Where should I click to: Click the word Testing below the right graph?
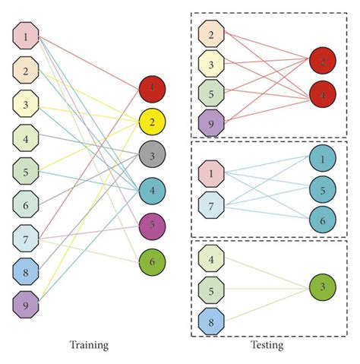[x=267, y=345]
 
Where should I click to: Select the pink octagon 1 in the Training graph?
[x=26, y=35]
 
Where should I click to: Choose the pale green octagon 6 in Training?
[x=26, y=203]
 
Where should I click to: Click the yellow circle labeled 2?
[x=152, y=122]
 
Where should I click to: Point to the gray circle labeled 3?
[x=152, y=157]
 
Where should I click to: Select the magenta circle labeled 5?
[x=152, y=226]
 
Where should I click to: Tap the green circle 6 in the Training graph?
[x=152, y=261]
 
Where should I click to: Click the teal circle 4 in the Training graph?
[x=152, y=191]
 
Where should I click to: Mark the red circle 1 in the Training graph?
[x=152, y=89]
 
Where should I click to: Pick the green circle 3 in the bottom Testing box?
[x=323, y=286]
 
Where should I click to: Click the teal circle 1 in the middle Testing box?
[x=323, y=160]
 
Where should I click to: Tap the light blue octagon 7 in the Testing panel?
[x=211, y=206]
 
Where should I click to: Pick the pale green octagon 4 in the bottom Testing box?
[x=211, y=259]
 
